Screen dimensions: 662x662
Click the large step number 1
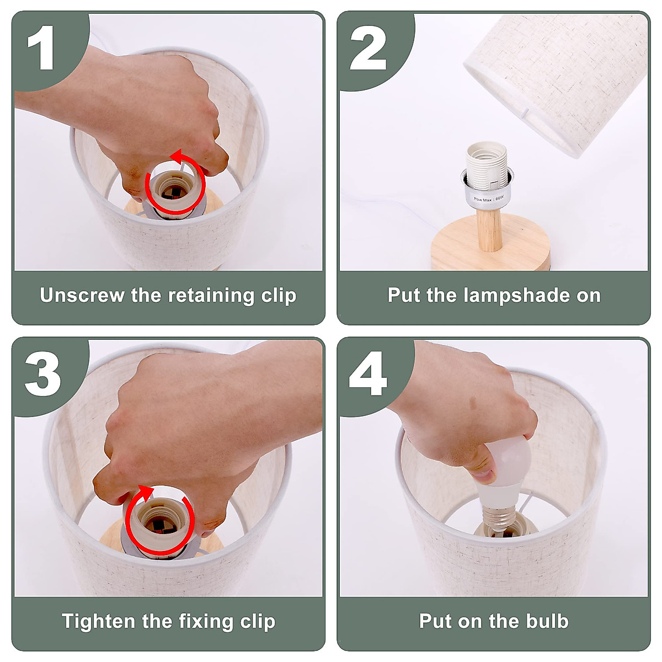coord(41,47)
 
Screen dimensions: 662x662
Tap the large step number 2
coord(369,47)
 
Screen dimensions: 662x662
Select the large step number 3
coord(42,374)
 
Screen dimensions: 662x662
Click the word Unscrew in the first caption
coord(82,295)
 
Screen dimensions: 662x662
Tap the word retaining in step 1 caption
coord(211,296)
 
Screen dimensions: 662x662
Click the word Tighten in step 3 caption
coord(98,622)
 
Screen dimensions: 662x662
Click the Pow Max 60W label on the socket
coord(489,199)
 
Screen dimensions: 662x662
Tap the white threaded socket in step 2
coord(486,165)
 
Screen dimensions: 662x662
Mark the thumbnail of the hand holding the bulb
coord(484,476)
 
